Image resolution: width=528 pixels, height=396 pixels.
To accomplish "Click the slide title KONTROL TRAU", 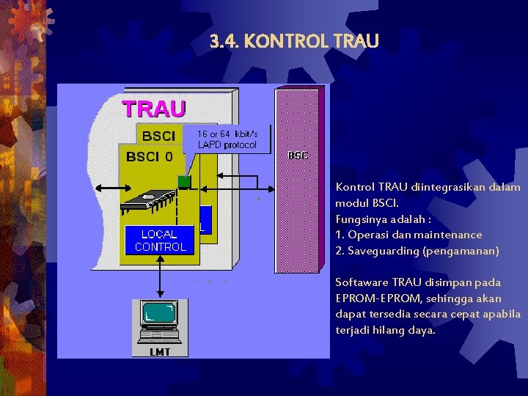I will click(311, 41).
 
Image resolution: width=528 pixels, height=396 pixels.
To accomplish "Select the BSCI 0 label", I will click(150, 156).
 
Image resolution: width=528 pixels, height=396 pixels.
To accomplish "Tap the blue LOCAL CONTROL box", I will click(160, 241).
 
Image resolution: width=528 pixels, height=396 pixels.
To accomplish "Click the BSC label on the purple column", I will click(298, 155).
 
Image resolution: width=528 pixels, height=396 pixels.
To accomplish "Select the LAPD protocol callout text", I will click(227, 144).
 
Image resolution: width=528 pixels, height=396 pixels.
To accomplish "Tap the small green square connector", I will click(184, 180).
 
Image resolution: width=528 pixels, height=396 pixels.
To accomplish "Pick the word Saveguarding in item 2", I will click(381, 251).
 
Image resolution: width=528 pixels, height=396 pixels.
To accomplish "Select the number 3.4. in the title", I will click(224, 41).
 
